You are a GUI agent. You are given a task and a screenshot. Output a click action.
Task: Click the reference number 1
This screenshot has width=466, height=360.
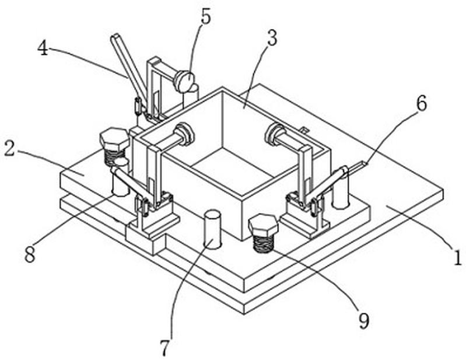click(458, 257)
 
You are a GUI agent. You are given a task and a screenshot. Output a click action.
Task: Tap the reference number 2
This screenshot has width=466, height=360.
click(9, 149)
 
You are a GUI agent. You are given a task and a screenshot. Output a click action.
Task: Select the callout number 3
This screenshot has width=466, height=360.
click(272, 39)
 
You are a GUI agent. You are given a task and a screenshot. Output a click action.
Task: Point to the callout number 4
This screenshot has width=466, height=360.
click(43, 48)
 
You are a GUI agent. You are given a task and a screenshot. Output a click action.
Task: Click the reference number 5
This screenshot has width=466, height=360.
click(206, 17)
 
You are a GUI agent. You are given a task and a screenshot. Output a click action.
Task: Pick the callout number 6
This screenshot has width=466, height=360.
click(422, 103)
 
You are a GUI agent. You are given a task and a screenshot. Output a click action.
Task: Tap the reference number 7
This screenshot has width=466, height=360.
click(165, 348)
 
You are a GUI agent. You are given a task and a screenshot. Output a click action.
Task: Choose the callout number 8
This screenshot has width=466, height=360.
click(30, 254)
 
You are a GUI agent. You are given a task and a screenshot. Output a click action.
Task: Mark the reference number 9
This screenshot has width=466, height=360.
click(364, 321)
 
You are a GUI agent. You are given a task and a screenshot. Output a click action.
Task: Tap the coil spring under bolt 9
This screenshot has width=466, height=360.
click(263, 242)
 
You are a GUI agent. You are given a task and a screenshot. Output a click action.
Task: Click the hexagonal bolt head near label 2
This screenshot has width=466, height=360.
click(114, 138)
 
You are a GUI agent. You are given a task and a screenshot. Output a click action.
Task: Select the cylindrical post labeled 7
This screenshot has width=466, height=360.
click(213, 228)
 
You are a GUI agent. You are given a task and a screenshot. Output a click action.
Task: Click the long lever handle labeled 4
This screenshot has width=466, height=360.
click(129, 67)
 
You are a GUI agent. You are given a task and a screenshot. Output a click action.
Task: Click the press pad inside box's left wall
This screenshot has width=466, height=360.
click(184, 134)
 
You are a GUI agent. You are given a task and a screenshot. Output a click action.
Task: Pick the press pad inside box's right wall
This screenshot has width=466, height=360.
click(275, 135)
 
